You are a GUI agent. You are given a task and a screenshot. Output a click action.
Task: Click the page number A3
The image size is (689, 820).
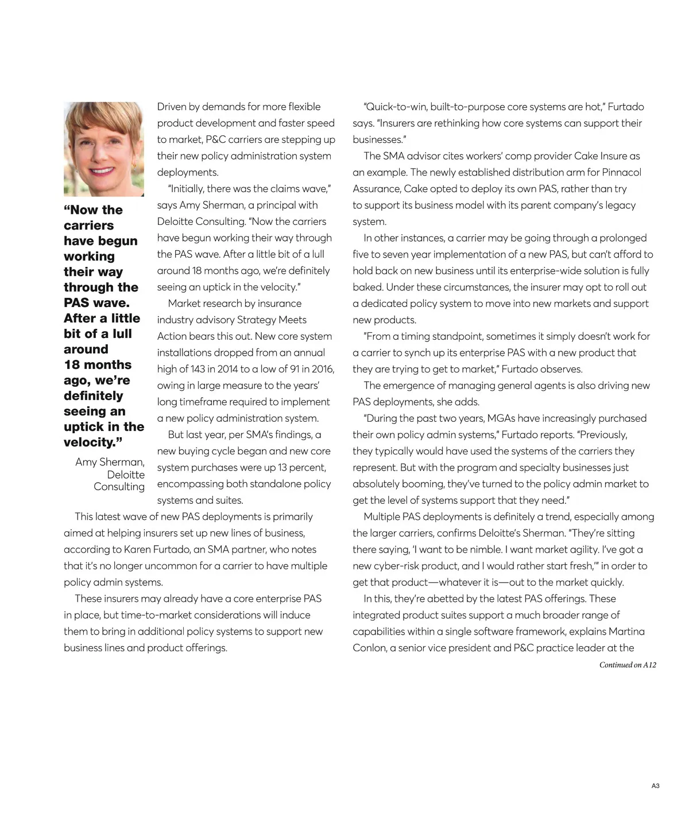[x=655, y=786]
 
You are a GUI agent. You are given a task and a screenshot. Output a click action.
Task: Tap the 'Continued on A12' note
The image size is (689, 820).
[x=628, y=665]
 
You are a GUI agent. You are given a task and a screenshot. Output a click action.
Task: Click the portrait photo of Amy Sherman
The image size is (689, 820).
[x=103, y=149]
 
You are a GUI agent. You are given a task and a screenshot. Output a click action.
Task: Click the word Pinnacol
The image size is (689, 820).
[x=621, y=172]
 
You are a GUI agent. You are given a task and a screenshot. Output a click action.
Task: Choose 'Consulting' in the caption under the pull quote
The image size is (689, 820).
[x=119, y=487]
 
